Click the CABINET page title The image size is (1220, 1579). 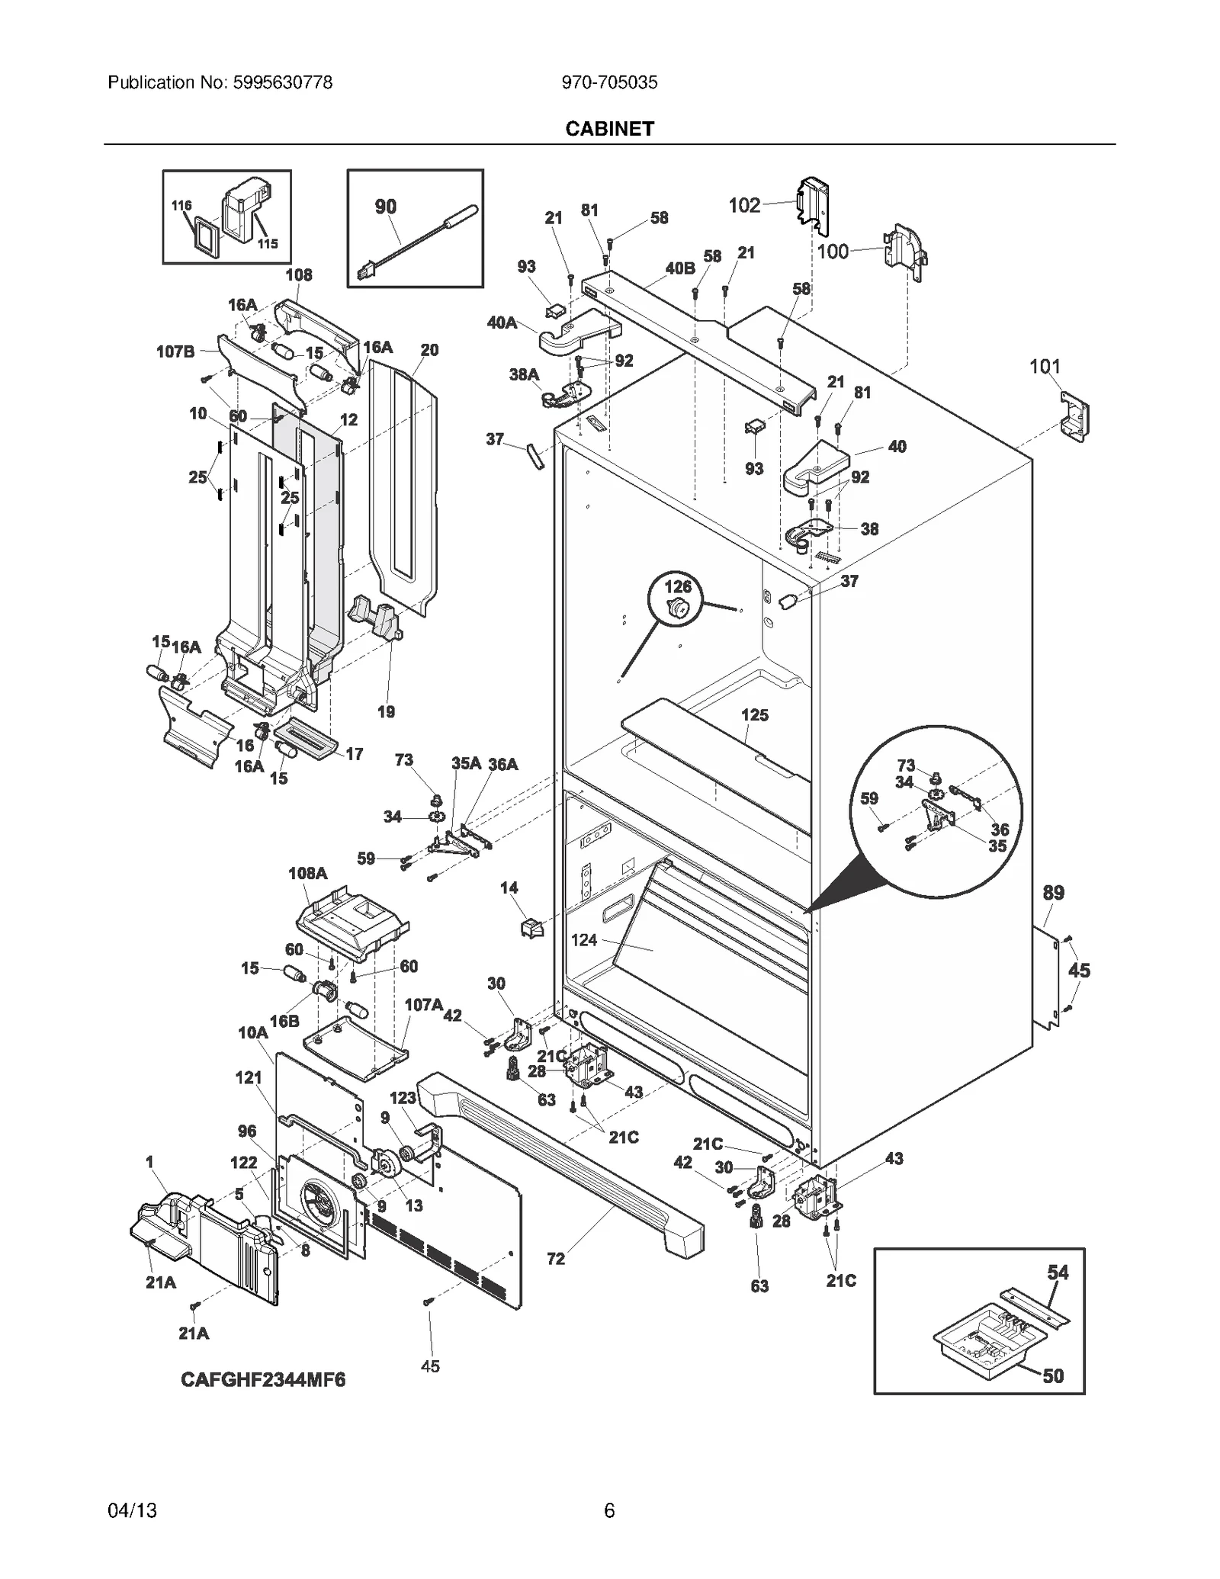click(609, 129)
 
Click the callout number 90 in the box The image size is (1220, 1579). click(386, 207)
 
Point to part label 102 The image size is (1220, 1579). click(744, 205)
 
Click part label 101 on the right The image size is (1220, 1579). click(1045, 367)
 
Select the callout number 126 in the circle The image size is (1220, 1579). click(678, 587)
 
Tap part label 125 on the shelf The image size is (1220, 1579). click(755, 715)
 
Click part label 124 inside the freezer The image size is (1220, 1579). click(584, 940)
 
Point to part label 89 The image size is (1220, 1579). click(1053, 893)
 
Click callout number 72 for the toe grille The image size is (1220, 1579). click(556, 1259)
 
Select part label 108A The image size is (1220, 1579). click(308, 873)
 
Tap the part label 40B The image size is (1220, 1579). click(680, 268)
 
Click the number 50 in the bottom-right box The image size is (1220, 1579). click(1053, 1376)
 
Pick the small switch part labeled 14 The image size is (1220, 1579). click(531, 929)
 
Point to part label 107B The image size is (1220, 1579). click(175, 351)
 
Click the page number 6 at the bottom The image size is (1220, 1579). click(609, 1510)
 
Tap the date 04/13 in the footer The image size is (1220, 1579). click(133, 1510)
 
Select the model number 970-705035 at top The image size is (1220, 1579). click(609, 82)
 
